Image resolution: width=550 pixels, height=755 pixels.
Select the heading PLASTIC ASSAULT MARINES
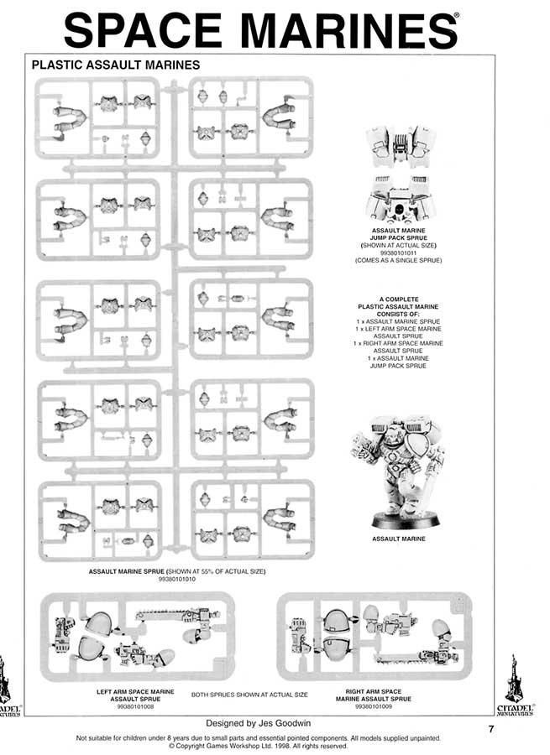pyautogui.click(x=114, y=64)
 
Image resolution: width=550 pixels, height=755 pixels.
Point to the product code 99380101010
pyautogui.click(x=176, y=579)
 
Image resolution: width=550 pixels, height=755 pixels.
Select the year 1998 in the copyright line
pyautogui.click(x=277, y=745)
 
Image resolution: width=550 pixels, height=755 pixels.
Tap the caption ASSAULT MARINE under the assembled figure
pyautogui.click(x=398, y=539)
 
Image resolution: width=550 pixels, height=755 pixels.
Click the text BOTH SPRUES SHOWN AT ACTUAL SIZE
pyautogui.click(x=249, y=695)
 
